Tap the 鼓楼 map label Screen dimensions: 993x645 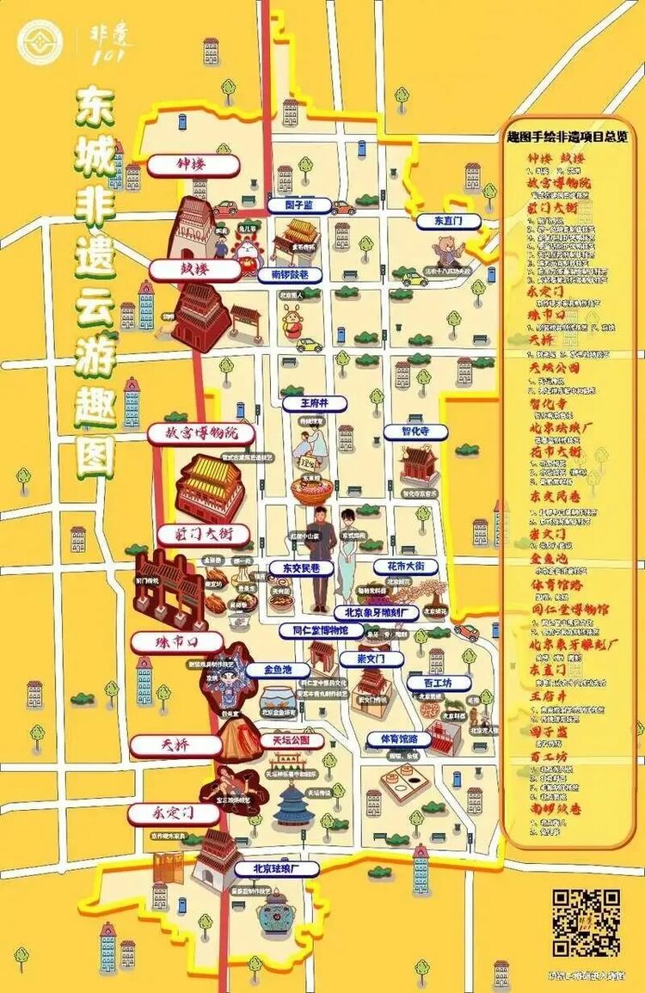pos(193,270)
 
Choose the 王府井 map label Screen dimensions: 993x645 pos(315,402)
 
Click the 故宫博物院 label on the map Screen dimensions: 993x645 pos(202,433)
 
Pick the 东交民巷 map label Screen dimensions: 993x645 pos(296,568)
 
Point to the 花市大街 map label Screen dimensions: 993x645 pos(405,567)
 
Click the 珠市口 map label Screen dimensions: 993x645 pos(177,642)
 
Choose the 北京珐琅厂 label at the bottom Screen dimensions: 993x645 pos(275,868)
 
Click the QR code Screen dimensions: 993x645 pos(586,923)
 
